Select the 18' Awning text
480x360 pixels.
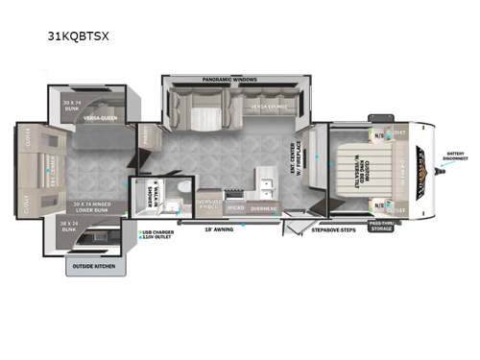pyautogui.click(x=216, y=229)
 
